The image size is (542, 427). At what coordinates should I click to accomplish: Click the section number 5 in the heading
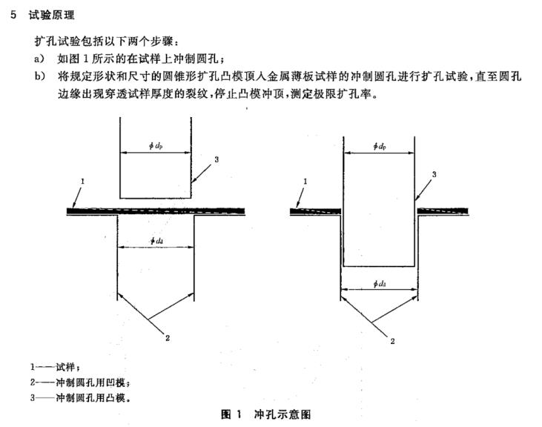coord(13,15)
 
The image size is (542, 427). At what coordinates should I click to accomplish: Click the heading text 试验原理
coord(51,16)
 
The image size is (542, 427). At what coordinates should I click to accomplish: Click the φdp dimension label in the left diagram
coord(156,146)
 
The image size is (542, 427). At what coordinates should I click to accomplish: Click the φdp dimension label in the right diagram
coord(380,146)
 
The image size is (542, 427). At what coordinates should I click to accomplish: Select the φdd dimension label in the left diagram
coord(156,241)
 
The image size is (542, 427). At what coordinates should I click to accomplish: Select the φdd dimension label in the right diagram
coord(380,284)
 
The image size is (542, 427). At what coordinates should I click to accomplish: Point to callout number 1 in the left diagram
coord(82,181)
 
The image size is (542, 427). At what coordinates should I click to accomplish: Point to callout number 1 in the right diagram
coord(305,181)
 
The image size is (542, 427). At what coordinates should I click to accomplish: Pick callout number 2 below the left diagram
coord(168,338)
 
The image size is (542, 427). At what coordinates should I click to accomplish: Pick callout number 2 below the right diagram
coord(392,341)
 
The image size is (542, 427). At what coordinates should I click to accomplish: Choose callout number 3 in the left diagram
coord(217,159)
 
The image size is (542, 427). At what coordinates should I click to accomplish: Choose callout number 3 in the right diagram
coord(434,174)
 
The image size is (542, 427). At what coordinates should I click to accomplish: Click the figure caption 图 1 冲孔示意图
coord(265,414)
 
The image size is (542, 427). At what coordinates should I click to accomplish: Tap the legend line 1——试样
coord(55,366)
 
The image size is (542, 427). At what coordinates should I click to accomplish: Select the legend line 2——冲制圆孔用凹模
coord(80,383)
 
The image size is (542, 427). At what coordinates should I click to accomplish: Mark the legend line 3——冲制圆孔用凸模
coord(80,398)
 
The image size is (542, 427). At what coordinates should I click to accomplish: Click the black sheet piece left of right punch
coord(315,211)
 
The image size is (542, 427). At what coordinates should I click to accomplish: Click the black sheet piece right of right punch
coord(443,211)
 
